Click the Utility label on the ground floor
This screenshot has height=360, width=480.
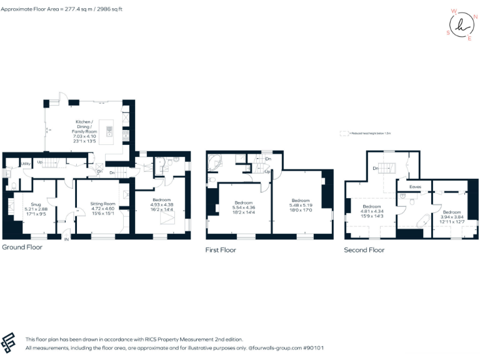pos(26,164)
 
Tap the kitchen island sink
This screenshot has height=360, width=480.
pos(109,131)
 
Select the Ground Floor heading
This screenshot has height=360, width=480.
pos(22,247)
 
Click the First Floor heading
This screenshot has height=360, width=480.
pos(221,250)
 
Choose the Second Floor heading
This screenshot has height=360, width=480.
pos(364,250)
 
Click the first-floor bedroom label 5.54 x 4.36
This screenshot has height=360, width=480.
pos(243,207)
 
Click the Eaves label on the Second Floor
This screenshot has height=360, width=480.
pos(415,186)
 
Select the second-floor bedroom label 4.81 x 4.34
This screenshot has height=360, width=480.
pos(372,211)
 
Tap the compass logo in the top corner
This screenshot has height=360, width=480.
pos(461,25)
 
